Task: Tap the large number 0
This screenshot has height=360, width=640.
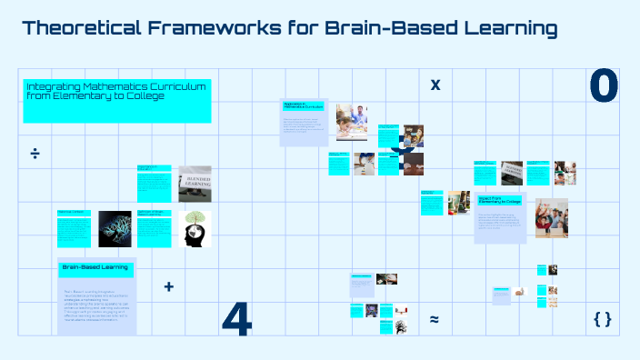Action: click(x=604, y=85)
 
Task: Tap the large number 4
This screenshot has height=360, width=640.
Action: click(x=236, y=318)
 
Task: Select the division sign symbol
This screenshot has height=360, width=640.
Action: click(x=35, y=152)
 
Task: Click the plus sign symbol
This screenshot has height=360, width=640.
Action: click(x=168, y=287)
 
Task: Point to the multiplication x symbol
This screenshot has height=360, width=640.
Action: click(x=435, y=85)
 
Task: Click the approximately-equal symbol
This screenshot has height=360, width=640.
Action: click(x=435, y=319)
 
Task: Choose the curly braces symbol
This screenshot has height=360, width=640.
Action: click(x=602, y=318)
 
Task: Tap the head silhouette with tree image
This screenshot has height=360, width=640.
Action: click(x=195, y=228)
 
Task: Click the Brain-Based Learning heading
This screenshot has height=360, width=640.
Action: click(x=95, y=268)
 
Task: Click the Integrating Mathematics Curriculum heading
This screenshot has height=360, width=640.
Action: click(x=116, y=90)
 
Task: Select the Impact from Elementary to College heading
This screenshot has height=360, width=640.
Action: click(x=500, y=199)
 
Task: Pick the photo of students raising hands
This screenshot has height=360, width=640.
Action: click(x=551, y=217)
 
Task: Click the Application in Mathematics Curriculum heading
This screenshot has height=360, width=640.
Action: click(x=303, y=105)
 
